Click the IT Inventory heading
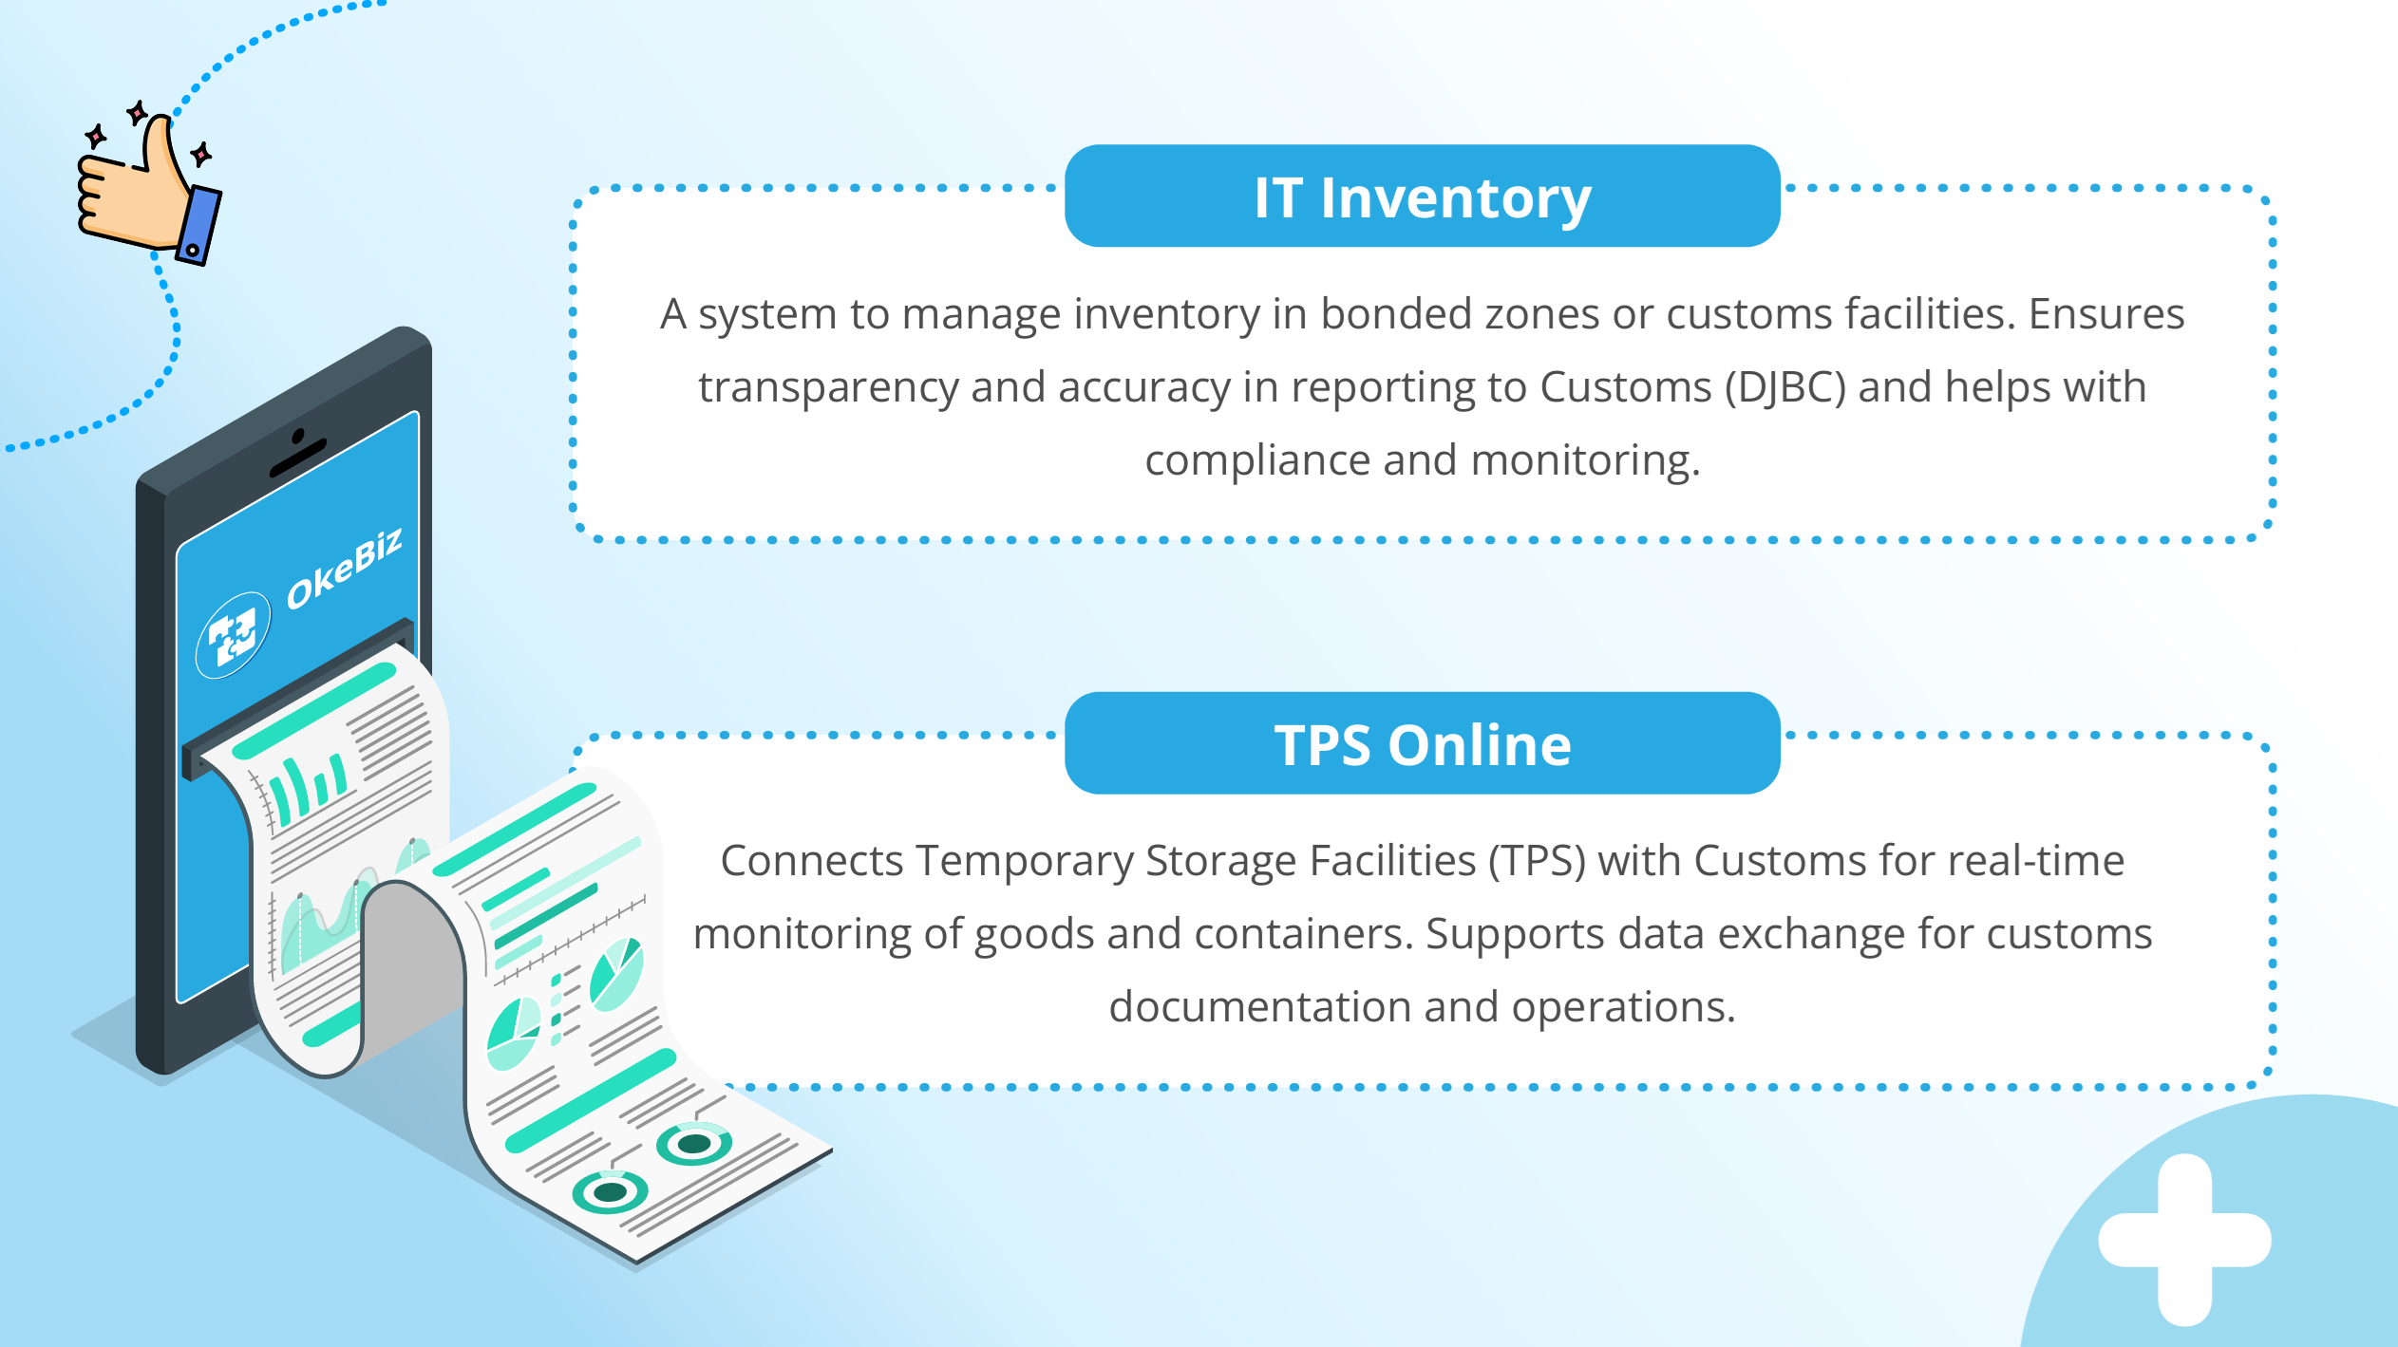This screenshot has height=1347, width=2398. click(1422, 197)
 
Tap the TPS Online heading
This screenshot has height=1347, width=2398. click(1422, 744)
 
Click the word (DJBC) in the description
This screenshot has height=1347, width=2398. click(1785, 387)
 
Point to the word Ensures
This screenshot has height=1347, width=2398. click(2105, 314)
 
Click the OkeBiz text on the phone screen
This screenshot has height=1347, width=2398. click(345, 567)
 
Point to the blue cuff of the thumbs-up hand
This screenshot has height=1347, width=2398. click(199, 225)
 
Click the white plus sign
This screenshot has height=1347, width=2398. click(2184, 1239)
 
